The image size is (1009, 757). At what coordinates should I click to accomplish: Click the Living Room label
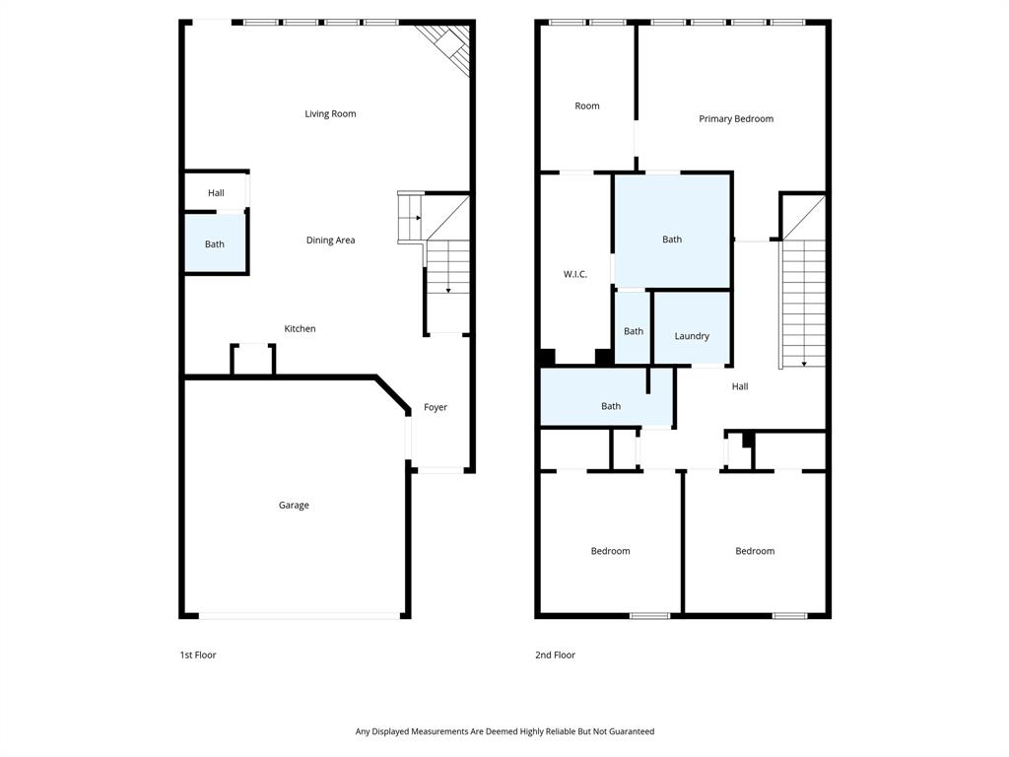point(330,114)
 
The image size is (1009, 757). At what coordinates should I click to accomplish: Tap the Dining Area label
point(330,241)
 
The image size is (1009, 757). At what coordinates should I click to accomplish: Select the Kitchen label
point(300,329)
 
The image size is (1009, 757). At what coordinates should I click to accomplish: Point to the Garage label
point(294,506)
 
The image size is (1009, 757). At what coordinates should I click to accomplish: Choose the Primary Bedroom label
point(736,119)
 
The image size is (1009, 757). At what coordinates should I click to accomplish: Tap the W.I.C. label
point(575,275)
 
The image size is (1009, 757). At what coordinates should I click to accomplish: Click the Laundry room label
point(692,336)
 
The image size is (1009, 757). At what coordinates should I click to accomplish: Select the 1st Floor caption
point(198,655)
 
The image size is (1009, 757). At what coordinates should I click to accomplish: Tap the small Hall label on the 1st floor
point(216,193)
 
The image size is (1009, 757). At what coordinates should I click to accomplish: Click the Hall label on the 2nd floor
point(740,387)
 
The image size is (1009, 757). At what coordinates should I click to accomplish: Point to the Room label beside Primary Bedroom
point(587,106)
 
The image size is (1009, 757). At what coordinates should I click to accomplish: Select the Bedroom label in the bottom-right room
point(755,552)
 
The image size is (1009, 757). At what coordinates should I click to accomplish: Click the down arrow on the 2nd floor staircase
point(805,362)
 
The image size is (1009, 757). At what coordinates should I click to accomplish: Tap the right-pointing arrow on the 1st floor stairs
point(418,218)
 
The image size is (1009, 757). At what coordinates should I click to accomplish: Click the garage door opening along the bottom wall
point(300,616)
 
